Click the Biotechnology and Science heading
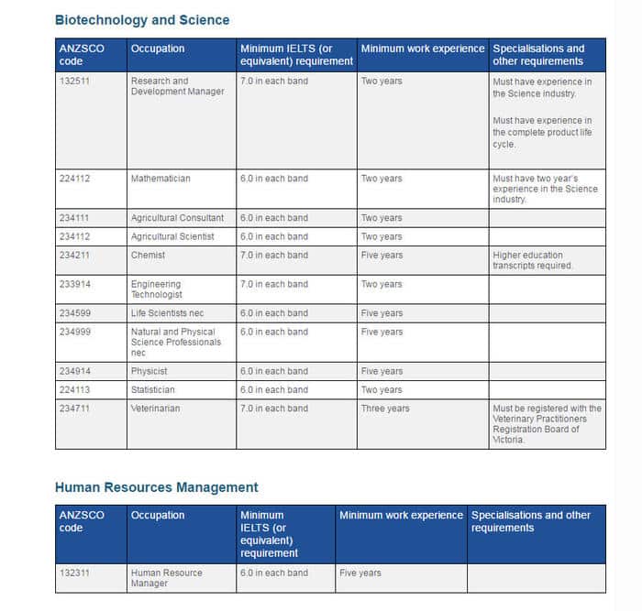142,20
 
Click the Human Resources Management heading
156,487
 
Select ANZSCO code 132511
72,82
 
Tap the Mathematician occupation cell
160,179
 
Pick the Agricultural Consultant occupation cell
177,218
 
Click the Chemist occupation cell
148,256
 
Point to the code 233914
72,285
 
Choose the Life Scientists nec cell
166,313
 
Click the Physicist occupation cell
149,371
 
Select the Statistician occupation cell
152,390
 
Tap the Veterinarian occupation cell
155,409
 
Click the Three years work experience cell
385,409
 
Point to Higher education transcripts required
533,260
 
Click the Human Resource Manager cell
166,578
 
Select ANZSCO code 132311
72,573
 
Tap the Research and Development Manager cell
177,86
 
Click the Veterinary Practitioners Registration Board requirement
547,423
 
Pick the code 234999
72,333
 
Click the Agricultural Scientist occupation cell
172,236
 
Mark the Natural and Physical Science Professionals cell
175,342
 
